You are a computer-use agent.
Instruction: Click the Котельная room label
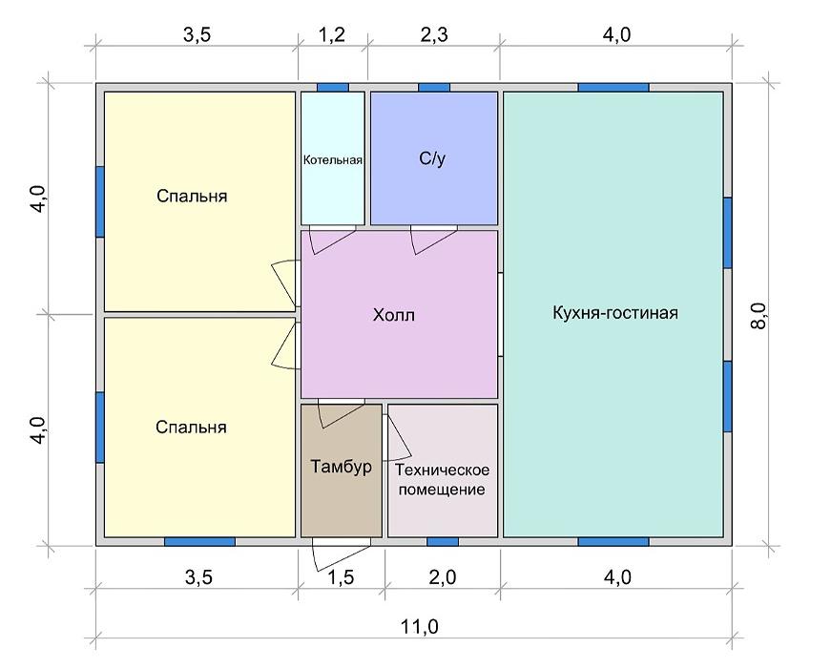[333, 160]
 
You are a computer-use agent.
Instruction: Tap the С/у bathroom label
[432, 158]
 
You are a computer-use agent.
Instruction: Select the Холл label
[394, 316]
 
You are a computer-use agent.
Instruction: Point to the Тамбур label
[341, 467]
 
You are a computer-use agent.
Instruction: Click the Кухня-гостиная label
[615, 313]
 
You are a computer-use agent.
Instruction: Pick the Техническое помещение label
[442, 480]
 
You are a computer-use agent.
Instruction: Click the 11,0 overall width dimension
[419, 627]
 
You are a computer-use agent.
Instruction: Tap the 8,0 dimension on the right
[759, 316]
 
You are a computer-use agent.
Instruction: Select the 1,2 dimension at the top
[332, 35]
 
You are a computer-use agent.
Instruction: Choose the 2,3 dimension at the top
[434, 35]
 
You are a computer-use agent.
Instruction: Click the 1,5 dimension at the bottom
[341, 576]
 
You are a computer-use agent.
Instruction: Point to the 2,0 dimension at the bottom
[443, 576]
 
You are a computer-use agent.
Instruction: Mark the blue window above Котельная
[333, 88]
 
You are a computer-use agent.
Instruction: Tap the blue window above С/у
[434, 88]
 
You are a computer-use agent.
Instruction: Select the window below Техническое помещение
[443, 542]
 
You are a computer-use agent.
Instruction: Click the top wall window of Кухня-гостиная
[613, 88]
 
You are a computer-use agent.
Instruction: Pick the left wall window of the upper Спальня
[99, 201]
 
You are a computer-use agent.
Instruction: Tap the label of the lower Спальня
[192, 428]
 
